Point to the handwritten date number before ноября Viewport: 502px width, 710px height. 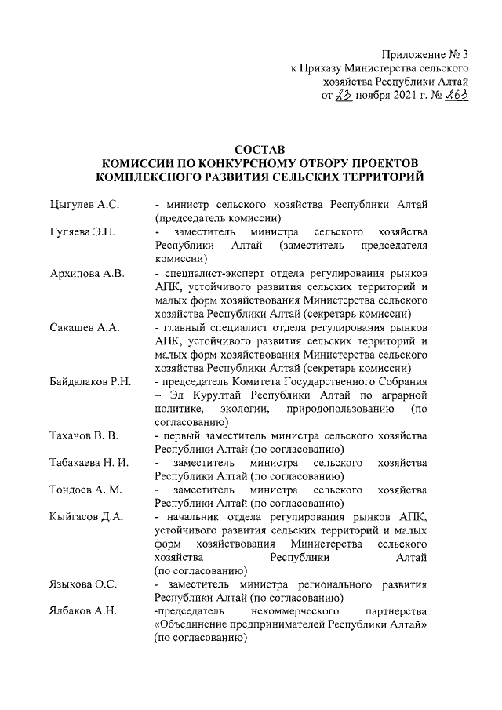click(343, 96)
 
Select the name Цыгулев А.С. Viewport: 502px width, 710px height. click(82, 205)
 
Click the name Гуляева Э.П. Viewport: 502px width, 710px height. click(81, 232)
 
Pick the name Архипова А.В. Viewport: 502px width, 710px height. click(85, 274)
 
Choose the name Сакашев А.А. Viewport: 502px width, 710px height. click(83, 328)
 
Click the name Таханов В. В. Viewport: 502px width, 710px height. click(83, 436)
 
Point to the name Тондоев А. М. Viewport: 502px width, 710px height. click(85, 490)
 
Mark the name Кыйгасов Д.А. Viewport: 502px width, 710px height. click(85, 518)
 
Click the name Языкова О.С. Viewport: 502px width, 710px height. click(82, 584)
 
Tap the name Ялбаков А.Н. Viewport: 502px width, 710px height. click(82, 612)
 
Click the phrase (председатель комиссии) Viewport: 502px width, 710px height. click(217, 218)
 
